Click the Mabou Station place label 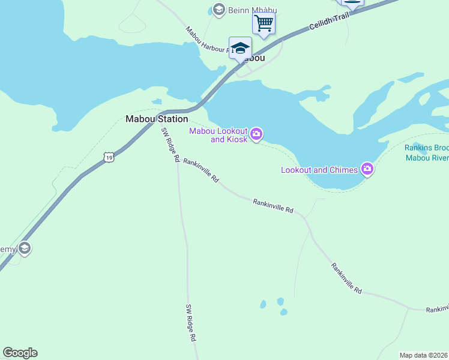coord(157,119)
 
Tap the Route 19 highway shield coord(108,157)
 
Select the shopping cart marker coord(264,24)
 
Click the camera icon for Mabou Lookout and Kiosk coord(256,134)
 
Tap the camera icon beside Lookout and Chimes coord(368,170)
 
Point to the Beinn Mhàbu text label coord(247,9)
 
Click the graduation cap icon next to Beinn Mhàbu coord(218,9)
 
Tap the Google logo coord(20,353)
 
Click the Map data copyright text coord(423,355)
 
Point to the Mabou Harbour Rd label coord(208,40)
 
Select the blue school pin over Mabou coord(240,48)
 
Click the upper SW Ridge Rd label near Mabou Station coord(170,145)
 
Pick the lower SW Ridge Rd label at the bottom coord(191,323)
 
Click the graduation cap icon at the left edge coord(24,248)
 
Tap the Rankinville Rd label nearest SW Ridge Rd coord(201,170)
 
